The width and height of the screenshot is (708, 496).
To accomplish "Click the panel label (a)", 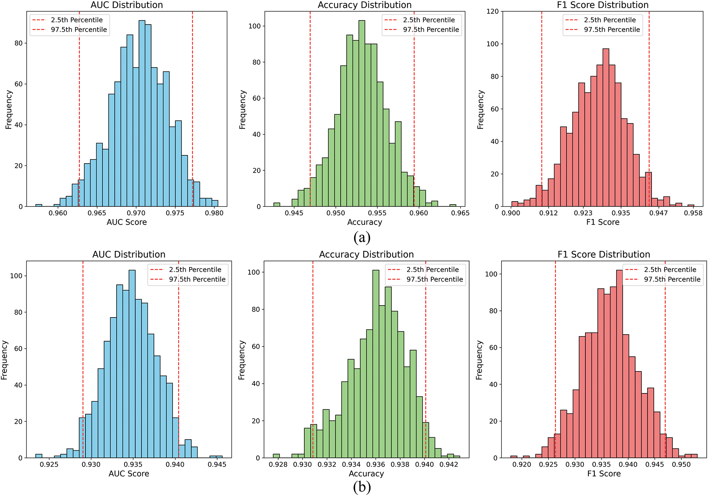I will coord(362,237).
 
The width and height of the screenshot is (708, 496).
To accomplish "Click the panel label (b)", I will coord(362,487).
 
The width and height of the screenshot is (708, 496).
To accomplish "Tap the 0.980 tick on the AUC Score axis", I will coord(214,213).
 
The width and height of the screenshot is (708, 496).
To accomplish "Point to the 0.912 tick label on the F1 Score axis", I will coord(549,213).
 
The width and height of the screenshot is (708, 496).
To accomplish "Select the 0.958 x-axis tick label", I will coord(693,213).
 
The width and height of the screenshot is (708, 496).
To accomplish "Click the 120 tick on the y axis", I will coord(493,12).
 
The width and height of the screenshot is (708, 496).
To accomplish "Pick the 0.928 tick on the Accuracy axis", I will coord(278,464).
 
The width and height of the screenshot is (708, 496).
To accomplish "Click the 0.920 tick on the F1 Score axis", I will coord(522,464).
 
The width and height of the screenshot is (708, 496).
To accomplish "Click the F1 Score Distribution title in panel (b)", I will coord(604,254).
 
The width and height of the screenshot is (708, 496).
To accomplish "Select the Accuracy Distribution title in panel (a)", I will coord(364,5).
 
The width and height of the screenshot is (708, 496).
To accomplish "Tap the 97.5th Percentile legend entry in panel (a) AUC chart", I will coord(79,30).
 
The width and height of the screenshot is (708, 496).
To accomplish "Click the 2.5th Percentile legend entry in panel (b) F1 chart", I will coord(670,270).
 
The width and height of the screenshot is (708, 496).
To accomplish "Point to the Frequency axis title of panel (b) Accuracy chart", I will coord(242,360).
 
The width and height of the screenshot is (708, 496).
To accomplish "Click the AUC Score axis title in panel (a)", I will coord(127,222).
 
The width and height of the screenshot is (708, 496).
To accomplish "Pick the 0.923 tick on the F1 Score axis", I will coord(583,213).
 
